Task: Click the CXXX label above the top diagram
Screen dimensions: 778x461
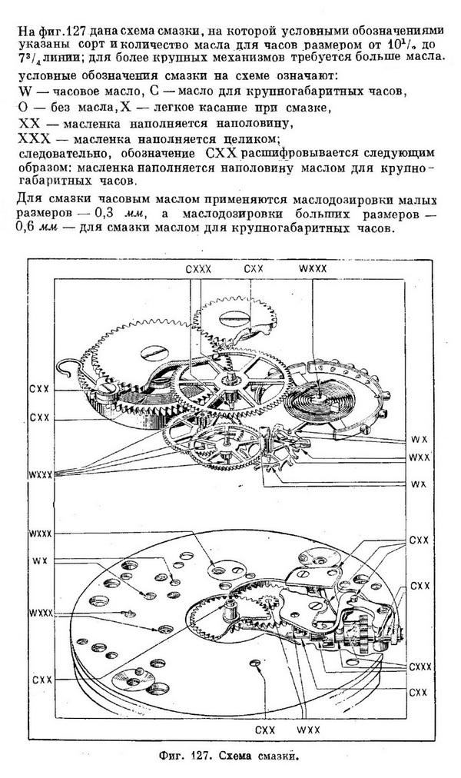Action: pos(198,268)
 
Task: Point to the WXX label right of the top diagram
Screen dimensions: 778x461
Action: pos(419,458)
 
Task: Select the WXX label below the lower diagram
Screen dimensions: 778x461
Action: pos(308,730)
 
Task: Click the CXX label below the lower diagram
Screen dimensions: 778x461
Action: pos(265,730)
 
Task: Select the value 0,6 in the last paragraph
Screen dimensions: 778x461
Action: pos(27,230)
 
